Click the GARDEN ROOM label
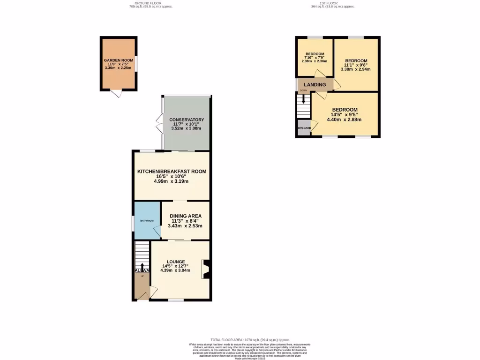tap(118, 61)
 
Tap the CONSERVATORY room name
tap(186, 120)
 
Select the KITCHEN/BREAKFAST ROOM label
tap(172, 172)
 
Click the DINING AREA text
tap(185, 216)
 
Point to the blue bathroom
tap(147, 220)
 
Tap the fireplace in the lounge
tap(205, 270)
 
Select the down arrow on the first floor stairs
tap(304, 99)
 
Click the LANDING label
tap(315, 85)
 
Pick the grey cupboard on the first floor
tap(303, 128)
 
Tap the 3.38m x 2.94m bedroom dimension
tap(356, 69)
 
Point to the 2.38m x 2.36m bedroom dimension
tap(314, 61)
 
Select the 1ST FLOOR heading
tap(333, 4)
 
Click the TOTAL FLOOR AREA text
tap(250, 340)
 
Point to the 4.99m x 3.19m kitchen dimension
tap(172, 181)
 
